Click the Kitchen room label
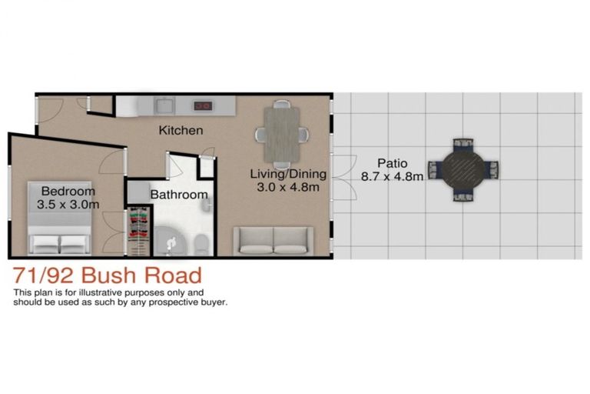point(181,131)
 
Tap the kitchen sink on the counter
point(164,105)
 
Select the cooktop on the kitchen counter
point(203,105)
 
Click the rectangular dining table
point(282,135)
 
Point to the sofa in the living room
point(273,242)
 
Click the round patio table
point(462,170)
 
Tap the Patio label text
point(393,163)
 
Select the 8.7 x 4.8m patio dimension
point(392,176)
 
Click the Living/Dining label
point(288,174)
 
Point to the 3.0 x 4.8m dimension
point(288,187)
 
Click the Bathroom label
point(179,195)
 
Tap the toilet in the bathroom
point(201,244)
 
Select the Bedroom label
point(68,191)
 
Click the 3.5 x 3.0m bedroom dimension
point(68,205)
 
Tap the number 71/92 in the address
point(43,275)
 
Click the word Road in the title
point(174,275)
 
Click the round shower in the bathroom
point(170,242)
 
